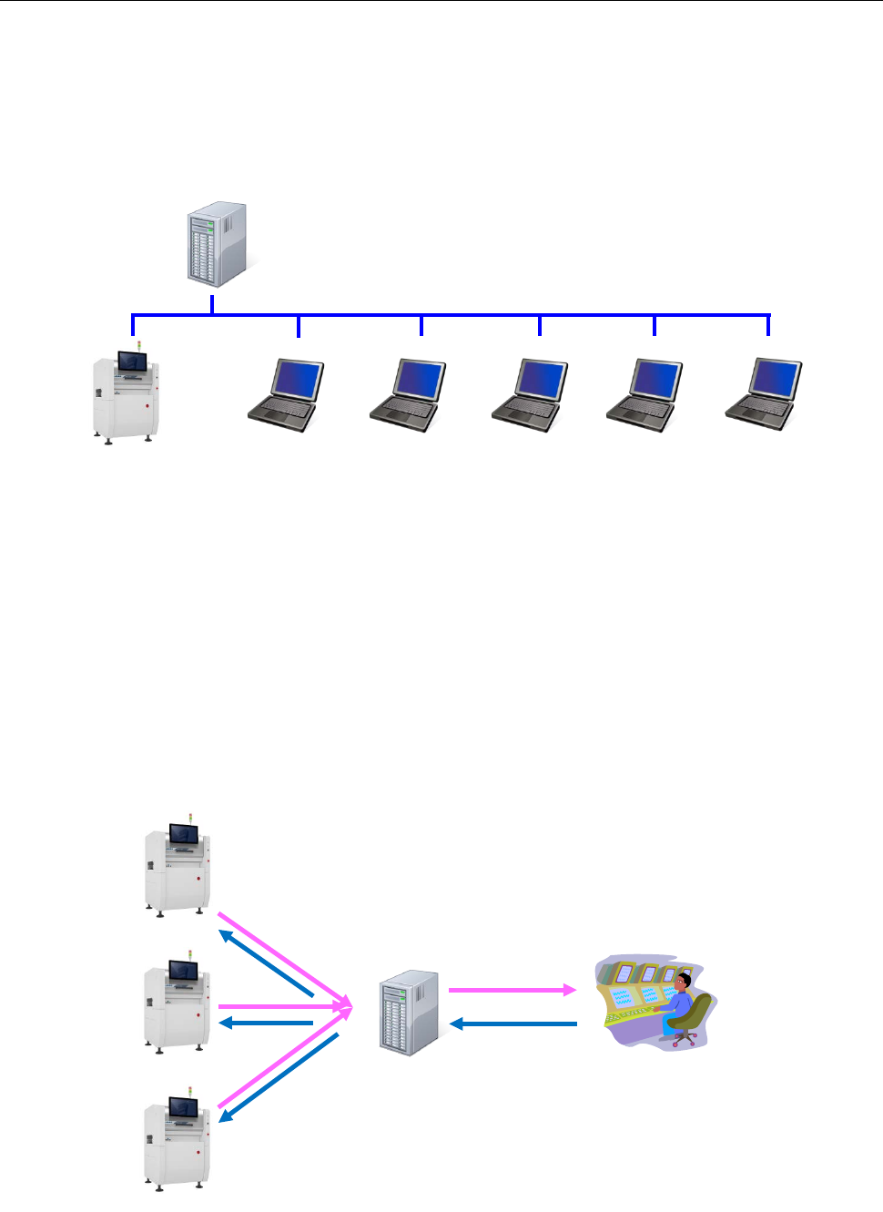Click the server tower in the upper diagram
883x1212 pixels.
(217, 244)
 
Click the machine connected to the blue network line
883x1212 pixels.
(126, 394)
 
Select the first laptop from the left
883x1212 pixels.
(287, 395)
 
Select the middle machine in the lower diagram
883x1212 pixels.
(178, 1006)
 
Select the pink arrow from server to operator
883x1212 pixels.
(512, 990)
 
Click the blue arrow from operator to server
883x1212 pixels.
(514, 1024)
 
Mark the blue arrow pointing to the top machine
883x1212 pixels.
(266, 963)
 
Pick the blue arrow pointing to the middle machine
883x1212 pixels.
(267, 1024)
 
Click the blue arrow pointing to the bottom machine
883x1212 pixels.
(278, 1077)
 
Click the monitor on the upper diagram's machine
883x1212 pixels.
(133, 362)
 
